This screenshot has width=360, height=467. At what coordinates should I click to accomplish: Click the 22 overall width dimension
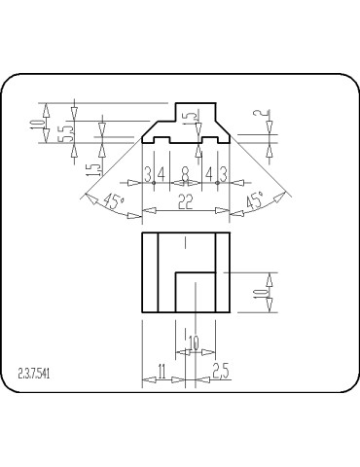185,200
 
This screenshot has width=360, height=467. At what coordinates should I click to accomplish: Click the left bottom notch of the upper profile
161,141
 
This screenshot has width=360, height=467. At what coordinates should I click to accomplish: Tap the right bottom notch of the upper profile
210,141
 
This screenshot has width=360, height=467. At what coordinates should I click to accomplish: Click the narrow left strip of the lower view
150,272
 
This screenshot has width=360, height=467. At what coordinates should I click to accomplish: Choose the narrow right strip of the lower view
223,272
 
